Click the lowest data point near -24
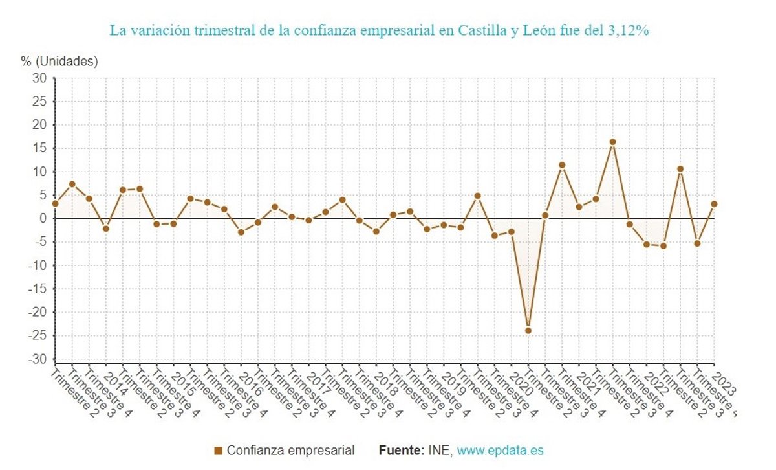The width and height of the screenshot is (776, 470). point(528,331)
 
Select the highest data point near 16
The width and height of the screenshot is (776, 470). point(613,142)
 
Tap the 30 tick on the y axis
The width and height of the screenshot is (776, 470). point(40,78)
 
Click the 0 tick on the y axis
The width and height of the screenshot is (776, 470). point(43,219)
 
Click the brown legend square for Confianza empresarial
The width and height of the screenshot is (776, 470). point(218,451)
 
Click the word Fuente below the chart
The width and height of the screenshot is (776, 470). point(401,451)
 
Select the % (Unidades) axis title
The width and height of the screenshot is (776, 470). point(59,62)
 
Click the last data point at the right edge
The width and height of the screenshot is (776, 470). point(714,204)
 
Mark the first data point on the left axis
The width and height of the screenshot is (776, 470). point(56,203)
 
